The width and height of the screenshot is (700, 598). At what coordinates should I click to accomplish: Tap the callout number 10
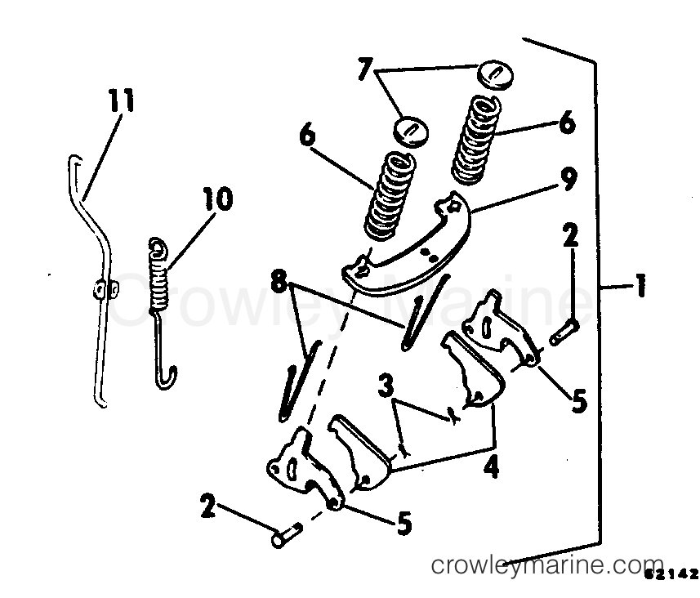tap(219, 199)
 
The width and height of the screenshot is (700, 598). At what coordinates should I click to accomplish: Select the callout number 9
tap(568, 179)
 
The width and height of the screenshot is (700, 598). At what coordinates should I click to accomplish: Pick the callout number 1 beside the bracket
tap(640, 286)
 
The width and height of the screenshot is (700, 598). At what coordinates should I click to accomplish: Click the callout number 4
tap(491, 467)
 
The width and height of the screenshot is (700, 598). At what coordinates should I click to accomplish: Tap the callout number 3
tap(386, 386)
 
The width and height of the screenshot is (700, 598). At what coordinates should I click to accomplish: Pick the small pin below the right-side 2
tap(564, 332)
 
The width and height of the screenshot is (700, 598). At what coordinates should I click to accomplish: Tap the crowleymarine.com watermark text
tap(548, 566)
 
